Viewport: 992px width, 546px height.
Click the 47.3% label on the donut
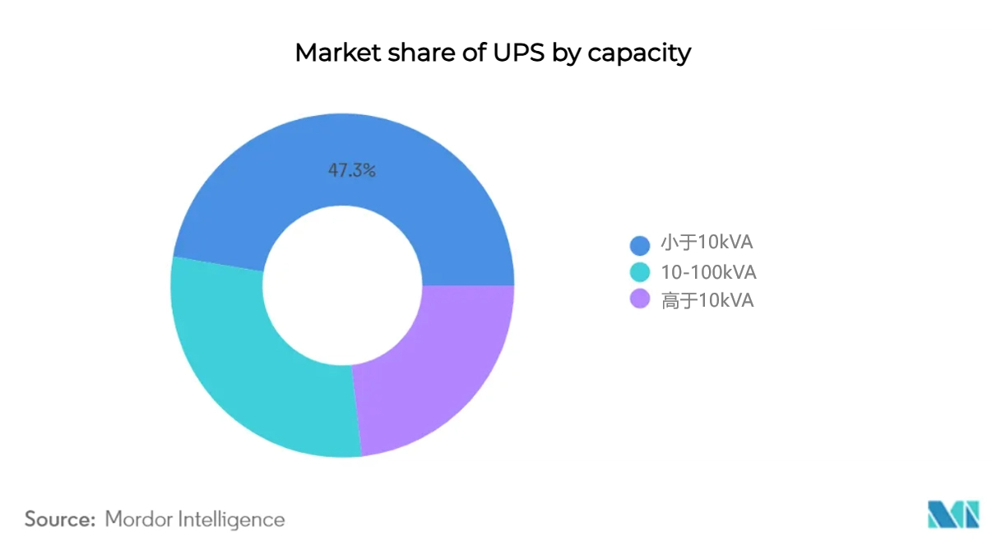click(351, 170)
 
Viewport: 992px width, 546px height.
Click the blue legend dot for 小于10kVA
click(640, 245)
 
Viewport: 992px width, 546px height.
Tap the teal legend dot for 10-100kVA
click(640, 272)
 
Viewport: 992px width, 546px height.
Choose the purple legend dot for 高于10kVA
click(640, 298)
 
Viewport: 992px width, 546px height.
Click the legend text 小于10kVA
click(707, 243)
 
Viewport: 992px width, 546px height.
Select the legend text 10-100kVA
click(708, 272)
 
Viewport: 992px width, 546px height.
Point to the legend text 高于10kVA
click(707, 300)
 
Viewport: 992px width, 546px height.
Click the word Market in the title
click(338, 53)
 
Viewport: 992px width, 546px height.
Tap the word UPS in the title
click(518, 53)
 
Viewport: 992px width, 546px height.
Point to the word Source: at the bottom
click(60, 519)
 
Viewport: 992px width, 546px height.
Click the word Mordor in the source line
click(138, 519)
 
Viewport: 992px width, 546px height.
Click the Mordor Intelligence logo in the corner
click(953, 514)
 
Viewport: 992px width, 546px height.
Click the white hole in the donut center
click(342, 285)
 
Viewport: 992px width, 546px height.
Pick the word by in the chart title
click(566, 54)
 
